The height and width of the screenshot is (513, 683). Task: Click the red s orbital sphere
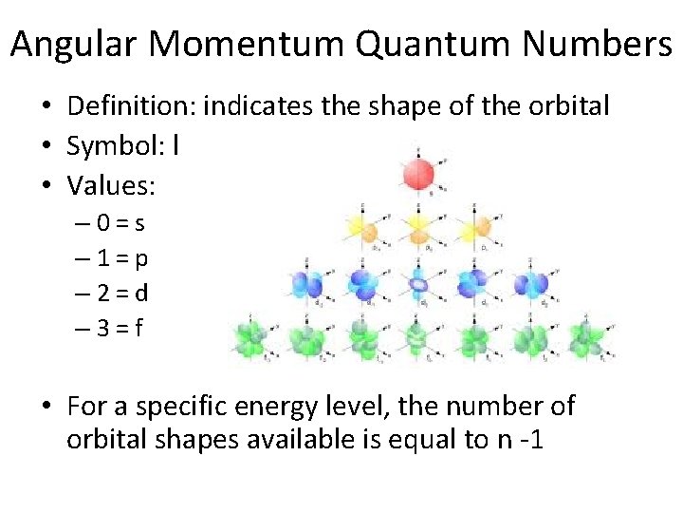(418, 174)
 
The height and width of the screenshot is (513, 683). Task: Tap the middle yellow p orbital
(418, 227)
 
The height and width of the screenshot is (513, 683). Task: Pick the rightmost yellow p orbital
(473, 227)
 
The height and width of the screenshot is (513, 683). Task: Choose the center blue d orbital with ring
(418, 283)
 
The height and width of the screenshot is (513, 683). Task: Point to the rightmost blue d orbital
(528, 282)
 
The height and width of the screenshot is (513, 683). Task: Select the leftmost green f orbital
(255, 337)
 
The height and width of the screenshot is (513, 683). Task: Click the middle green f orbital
(418, 337)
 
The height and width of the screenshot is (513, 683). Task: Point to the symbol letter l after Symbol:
(177, 146)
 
